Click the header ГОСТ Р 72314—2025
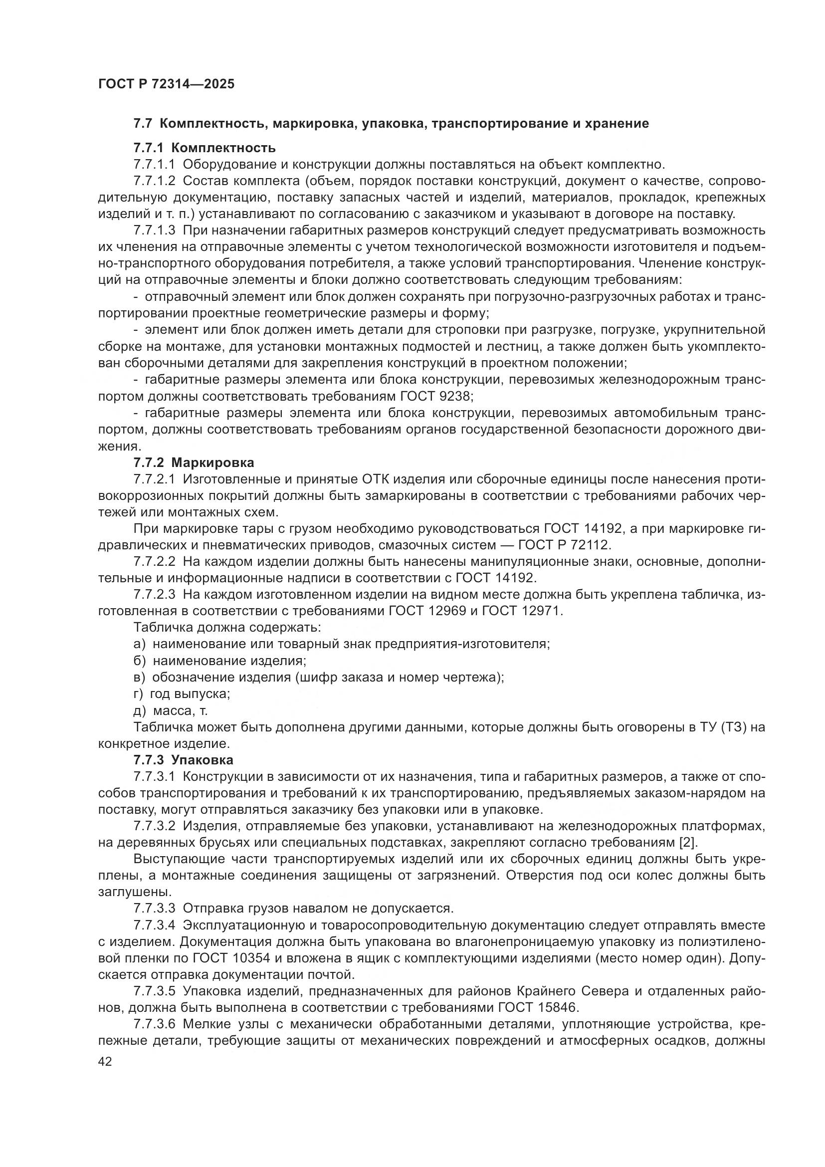click(x=166, y=84)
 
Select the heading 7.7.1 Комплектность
click(x=204, y=148)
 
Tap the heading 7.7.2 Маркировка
click(x=194, y=463)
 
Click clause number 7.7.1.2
click(x=155, y=181)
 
